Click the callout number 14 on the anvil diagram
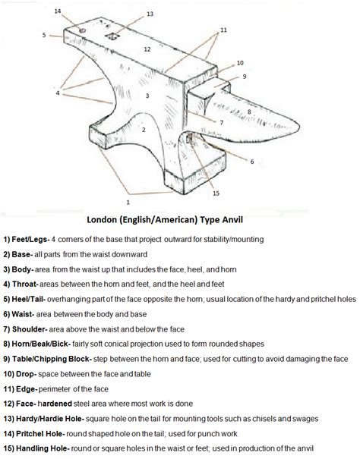58,11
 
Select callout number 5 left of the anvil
45,35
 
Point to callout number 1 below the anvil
128,202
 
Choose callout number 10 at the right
240,63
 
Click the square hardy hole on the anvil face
113,36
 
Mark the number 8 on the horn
248,112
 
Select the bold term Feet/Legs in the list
33,240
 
